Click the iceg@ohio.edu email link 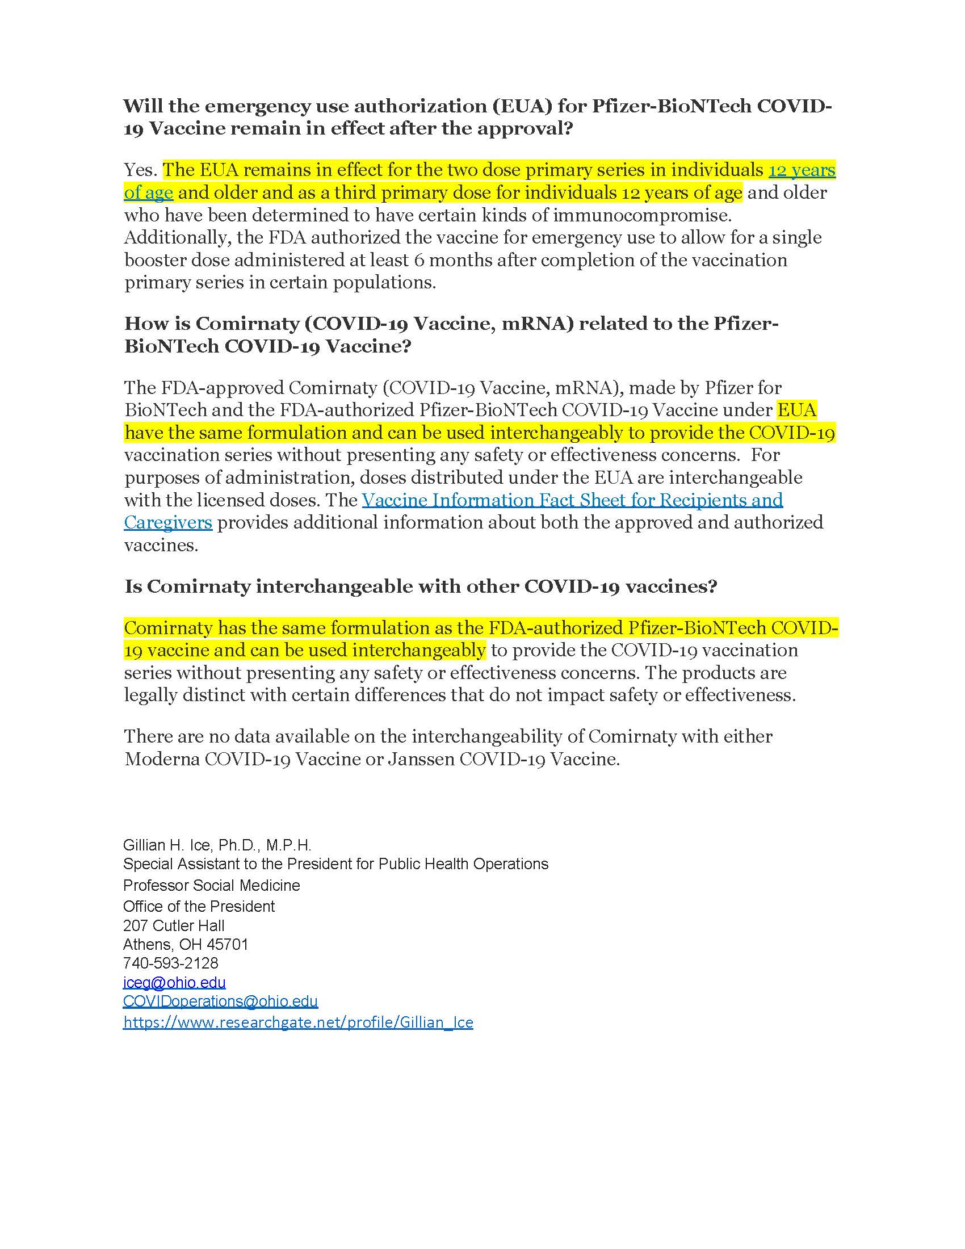(174, 983)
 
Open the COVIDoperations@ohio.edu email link (220, 1001)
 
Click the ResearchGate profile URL (298, 1022)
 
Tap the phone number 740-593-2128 (170, 963)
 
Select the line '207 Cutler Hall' (173, 926)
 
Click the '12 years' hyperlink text (802, 170)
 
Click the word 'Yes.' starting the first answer (141, 170)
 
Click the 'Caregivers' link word (168, 523)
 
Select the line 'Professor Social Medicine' (212, 886)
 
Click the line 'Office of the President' (198, 907)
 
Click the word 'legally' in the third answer (150, 695)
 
